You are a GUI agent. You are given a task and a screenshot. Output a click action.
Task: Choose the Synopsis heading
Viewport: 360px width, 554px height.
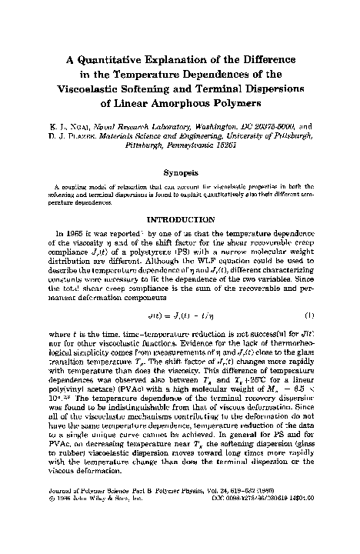click(x=178, y=174)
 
